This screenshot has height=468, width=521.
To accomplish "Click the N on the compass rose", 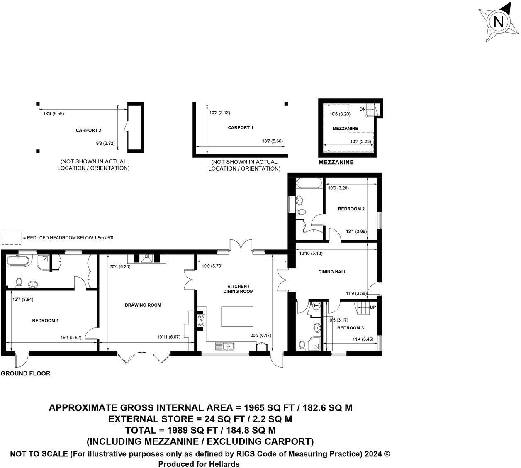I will click(499, 22).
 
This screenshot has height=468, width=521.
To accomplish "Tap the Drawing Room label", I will click(143, 305).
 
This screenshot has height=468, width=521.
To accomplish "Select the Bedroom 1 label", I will click(45, 321).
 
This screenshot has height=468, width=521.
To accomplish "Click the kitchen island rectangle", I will click(237, 317).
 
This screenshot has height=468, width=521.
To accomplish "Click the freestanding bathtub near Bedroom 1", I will click(17, 261).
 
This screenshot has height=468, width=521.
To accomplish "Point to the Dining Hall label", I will click(332, 272).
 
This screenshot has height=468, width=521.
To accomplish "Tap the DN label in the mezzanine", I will click(363, 109).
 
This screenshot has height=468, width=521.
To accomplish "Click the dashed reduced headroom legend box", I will click(11, 238).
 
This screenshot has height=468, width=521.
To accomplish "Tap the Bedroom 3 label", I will click(351, 328).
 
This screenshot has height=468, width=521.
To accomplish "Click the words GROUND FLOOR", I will click(25, 373).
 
